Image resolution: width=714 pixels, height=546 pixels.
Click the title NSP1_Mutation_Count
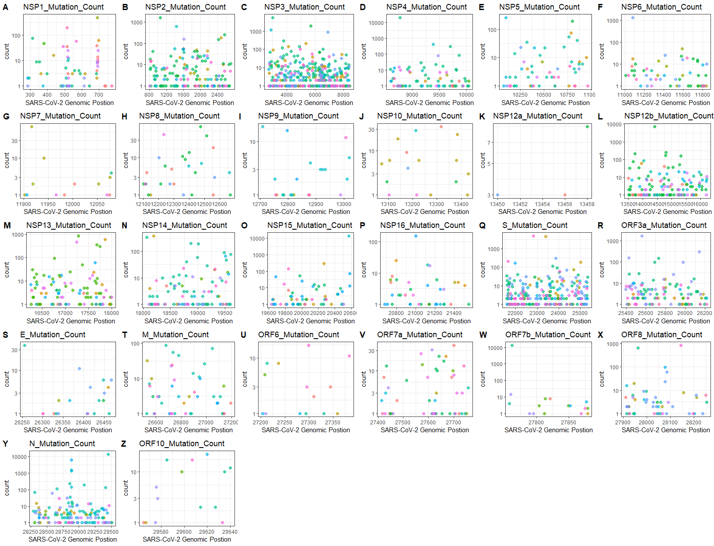click(x=63, y=7)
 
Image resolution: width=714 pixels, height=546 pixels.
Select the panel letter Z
click(x=123, y=444)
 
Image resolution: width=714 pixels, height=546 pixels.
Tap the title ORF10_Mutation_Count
click(x=182, y=444)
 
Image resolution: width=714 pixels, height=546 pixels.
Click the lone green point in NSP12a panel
click(x=587, y=126)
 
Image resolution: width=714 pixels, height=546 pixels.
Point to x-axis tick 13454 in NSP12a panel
click(x=542, y=204)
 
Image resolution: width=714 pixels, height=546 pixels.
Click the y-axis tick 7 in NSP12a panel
click(x=489, y=143)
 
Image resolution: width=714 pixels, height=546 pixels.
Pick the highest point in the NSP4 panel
click(x=400, y=17)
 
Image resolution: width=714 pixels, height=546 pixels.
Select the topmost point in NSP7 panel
click(x=31, y=126)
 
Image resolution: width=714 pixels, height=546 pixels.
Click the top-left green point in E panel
click(x=24, y=345)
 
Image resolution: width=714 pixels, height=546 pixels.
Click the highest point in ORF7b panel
click(x=512, y=345)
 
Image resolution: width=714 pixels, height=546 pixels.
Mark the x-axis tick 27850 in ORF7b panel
click(x=568, y=423)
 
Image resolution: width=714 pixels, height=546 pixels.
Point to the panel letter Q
click(x=482, y=225)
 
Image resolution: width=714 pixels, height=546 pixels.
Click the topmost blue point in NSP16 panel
click(x=416, y=236)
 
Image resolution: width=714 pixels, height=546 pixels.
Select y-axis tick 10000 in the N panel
click(x=19, y=457)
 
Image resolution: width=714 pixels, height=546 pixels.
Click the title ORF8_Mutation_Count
click(x=661, y=335)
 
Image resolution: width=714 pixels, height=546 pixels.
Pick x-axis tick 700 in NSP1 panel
click(x=99, y=94)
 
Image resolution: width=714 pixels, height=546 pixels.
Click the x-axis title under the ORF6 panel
click(x=306, y=430)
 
